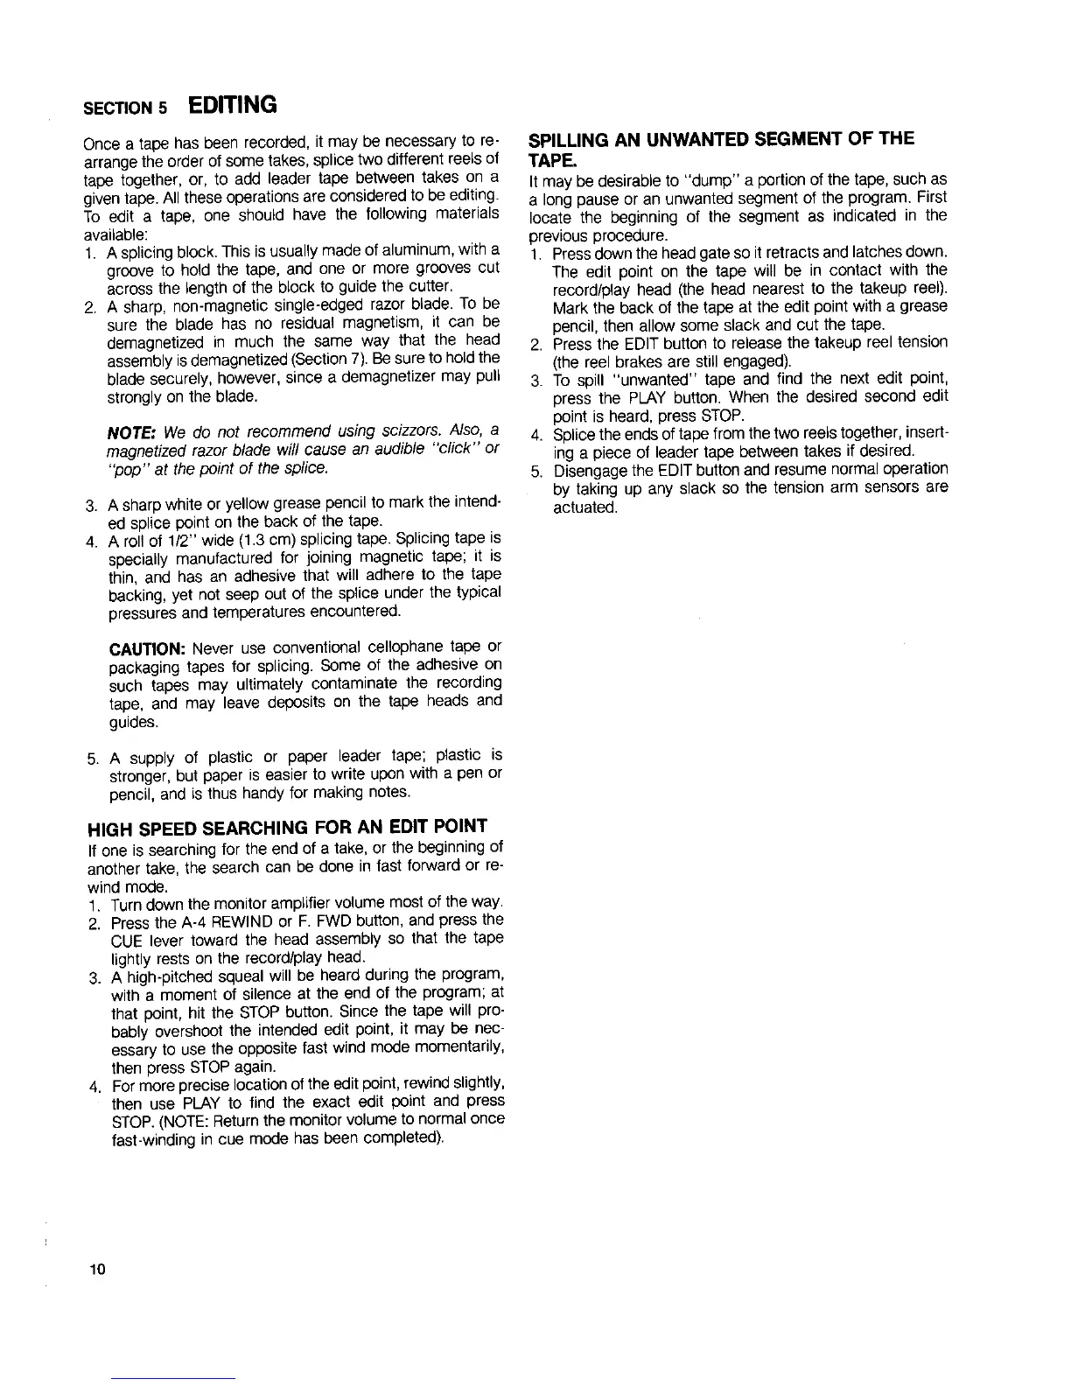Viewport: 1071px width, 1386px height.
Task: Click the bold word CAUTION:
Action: coord(145,647)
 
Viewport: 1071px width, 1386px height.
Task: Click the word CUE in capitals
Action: coord(126,939)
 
